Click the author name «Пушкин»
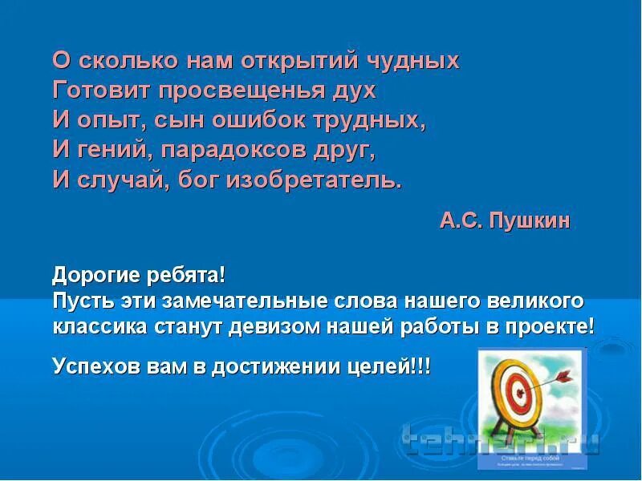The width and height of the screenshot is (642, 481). [x=528, y=221]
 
